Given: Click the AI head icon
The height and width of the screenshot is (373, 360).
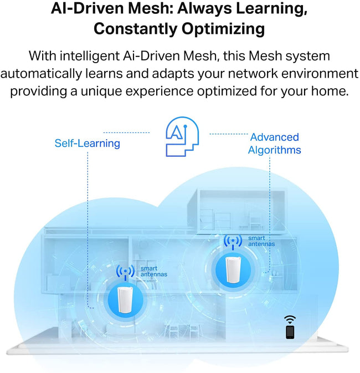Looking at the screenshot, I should [x=179, y=136].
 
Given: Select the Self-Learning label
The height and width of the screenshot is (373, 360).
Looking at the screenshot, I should [x=87, y=144].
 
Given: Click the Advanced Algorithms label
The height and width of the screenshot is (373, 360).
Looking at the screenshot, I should [x=274, y=144].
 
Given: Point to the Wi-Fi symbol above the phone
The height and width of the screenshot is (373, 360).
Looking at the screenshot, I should [x=290, y=319].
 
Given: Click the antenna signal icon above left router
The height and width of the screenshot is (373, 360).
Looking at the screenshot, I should [x=126, y=272].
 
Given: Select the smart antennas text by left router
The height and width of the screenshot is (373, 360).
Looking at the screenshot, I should [x=150, y=271].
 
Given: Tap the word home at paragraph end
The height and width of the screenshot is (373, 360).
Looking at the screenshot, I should [x=331, y=90].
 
